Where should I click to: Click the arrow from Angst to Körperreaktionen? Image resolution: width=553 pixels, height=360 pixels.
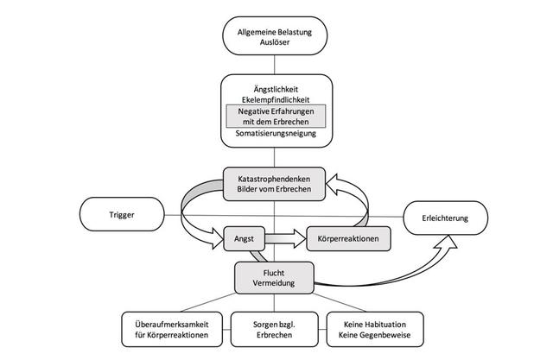(285, 235)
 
